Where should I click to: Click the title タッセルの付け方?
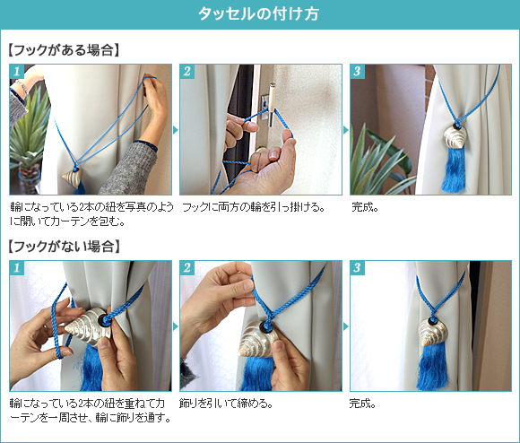tap(259, 15)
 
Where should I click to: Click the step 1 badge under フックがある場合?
tap(16, 72)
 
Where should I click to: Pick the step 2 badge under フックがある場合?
tap(186, 72)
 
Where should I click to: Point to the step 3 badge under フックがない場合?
tap(357, 267)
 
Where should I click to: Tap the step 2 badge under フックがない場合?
tap(186, 267)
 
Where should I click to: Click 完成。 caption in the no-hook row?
tap(363, 403)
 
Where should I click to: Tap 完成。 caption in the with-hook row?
tap(363, 207)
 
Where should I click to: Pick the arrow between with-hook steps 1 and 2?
tap(175, 130)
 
